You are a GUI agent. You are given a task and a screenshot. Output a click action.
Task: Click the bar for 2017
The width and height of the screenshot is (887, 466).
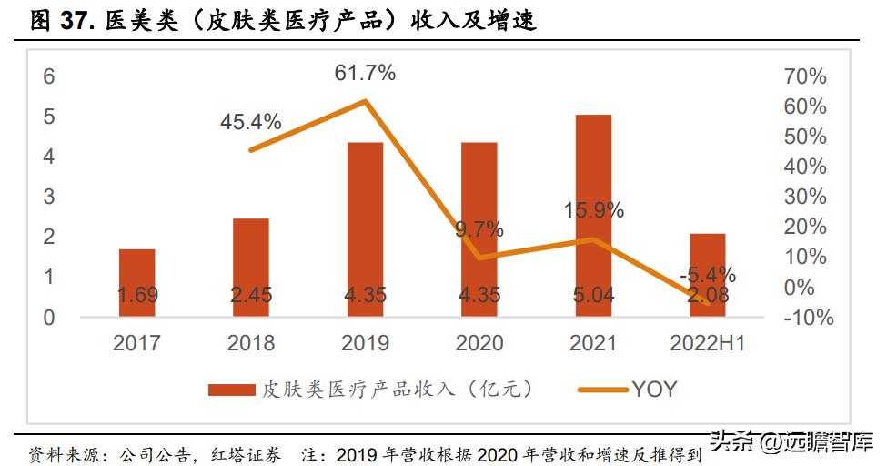click(136, 282)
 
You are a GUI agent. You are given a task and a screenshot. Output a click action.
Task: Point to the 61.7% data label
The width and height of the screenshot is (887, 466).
click(364, 73)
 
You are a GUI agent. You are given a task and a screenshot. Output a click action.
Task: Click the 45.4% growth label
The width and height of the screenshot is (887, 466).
click(250, 121)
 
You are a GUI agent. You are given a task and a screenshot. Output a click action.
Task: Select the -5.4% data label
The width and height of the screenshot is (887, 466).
click(707, 274)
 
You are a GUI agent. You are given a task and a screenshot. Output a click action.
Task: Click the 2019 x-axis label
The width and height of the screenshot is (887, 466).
click(365, 343)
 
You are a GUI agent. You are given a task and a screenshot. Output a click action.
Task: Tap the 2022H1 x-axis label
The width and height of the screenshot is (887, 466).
click(707, 343)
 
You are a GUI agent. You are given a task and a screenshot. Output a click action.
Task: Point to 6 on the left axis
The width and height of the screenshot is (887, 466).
click(49, 76)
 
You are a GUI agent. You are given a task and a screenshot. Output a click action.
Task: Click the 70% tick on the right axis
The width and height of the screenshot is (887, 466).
click(804, 76)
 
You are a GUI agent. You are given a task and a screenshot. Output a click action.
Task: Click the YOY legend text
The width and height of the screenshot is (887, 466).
click(655, 390)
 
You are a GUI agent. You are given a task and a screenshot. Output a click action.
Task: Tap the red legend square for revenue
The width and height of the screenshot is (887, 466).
click(232, 390)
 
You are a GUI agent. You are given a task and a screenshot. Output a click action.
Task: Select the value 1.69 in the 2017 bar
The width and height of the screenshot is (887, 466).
click(136, 295)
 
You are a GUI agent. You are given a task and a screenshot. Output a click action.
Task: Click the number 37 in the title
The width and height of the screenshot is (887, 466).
click(76, 21)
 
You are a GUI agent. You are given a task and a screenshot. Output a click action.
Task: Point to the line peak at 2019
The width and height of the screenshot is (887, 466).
click(365, 101)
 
